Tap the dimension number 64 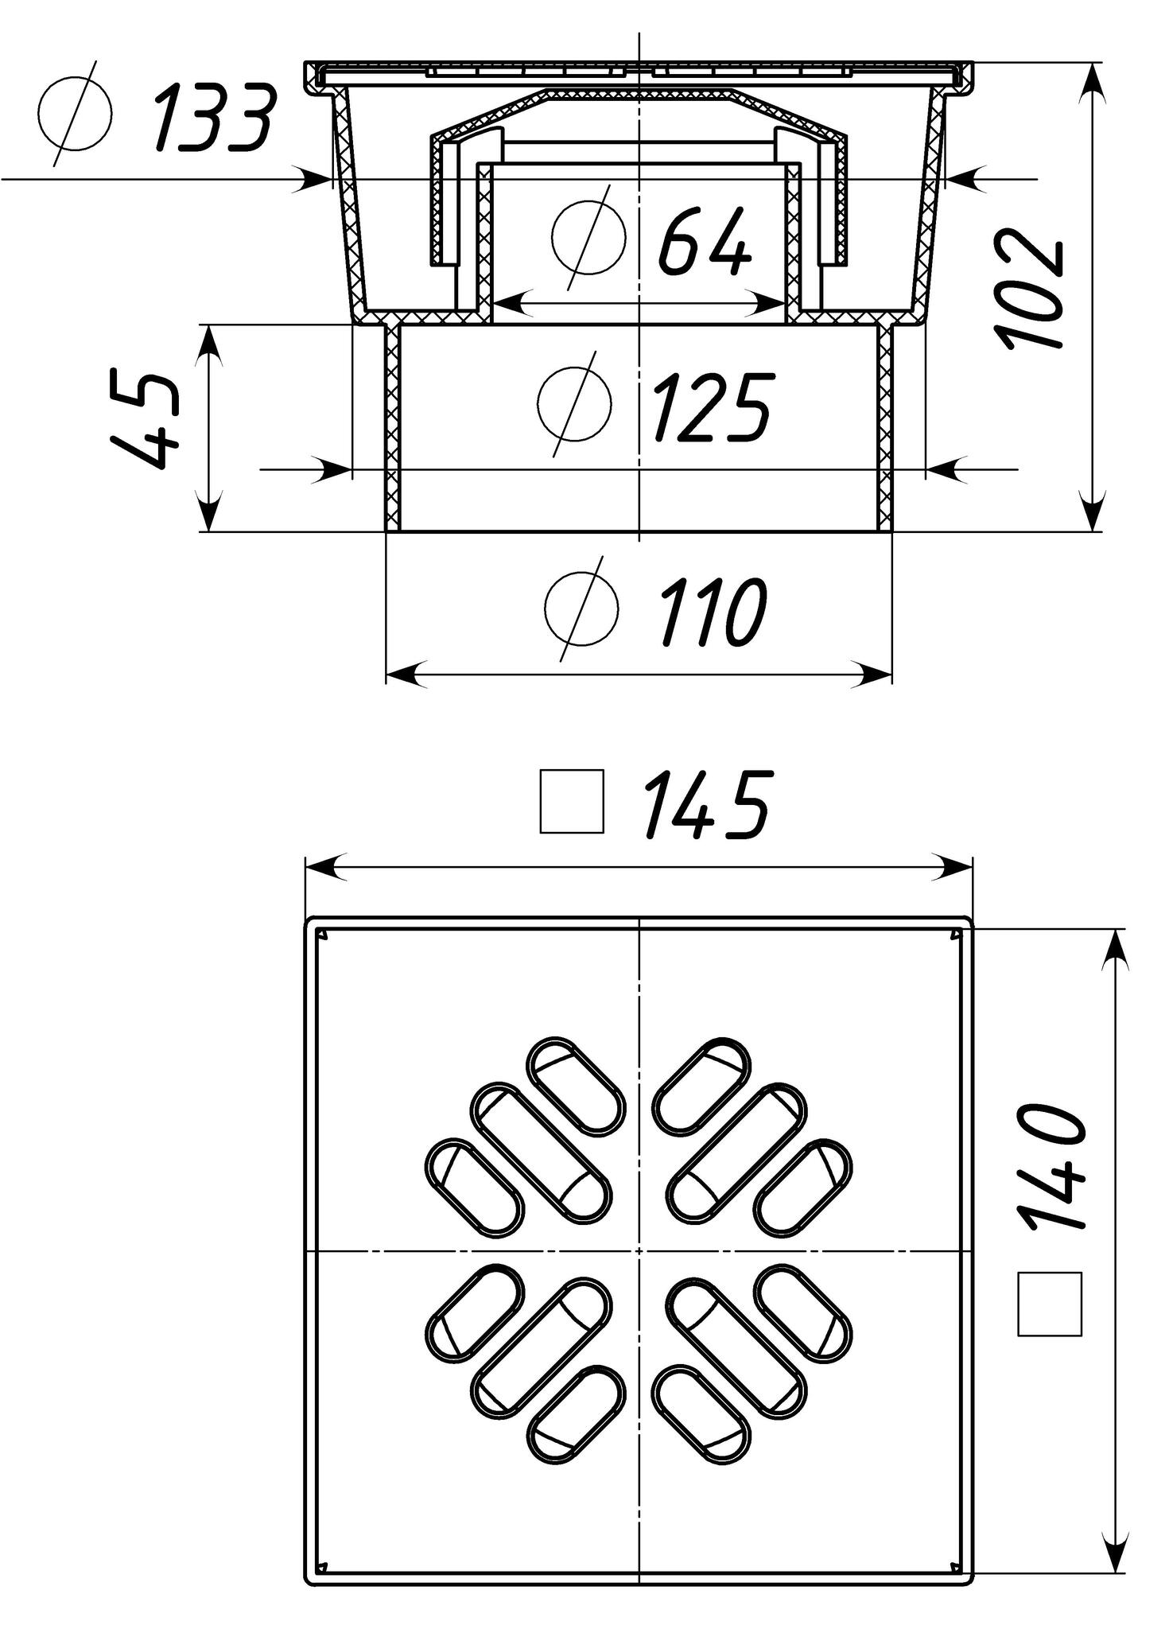(705, 241)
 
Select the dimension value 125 (712, 406)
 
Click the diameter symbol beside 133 (74, 114)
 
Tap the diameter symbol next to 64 (587, 237)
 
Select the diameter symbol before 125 (574, 403)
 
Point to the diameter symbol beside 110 (581, 609)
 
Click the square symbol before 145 (572, 801)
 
